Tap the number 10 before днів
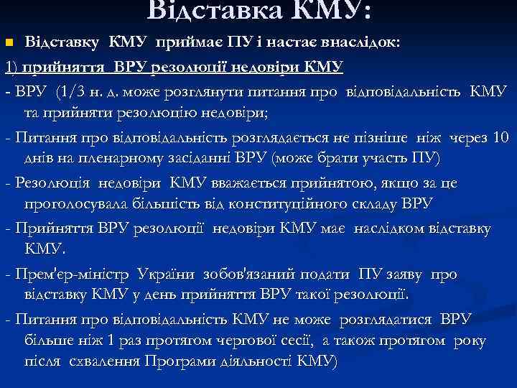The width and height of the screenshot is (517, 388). [502, 138]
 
